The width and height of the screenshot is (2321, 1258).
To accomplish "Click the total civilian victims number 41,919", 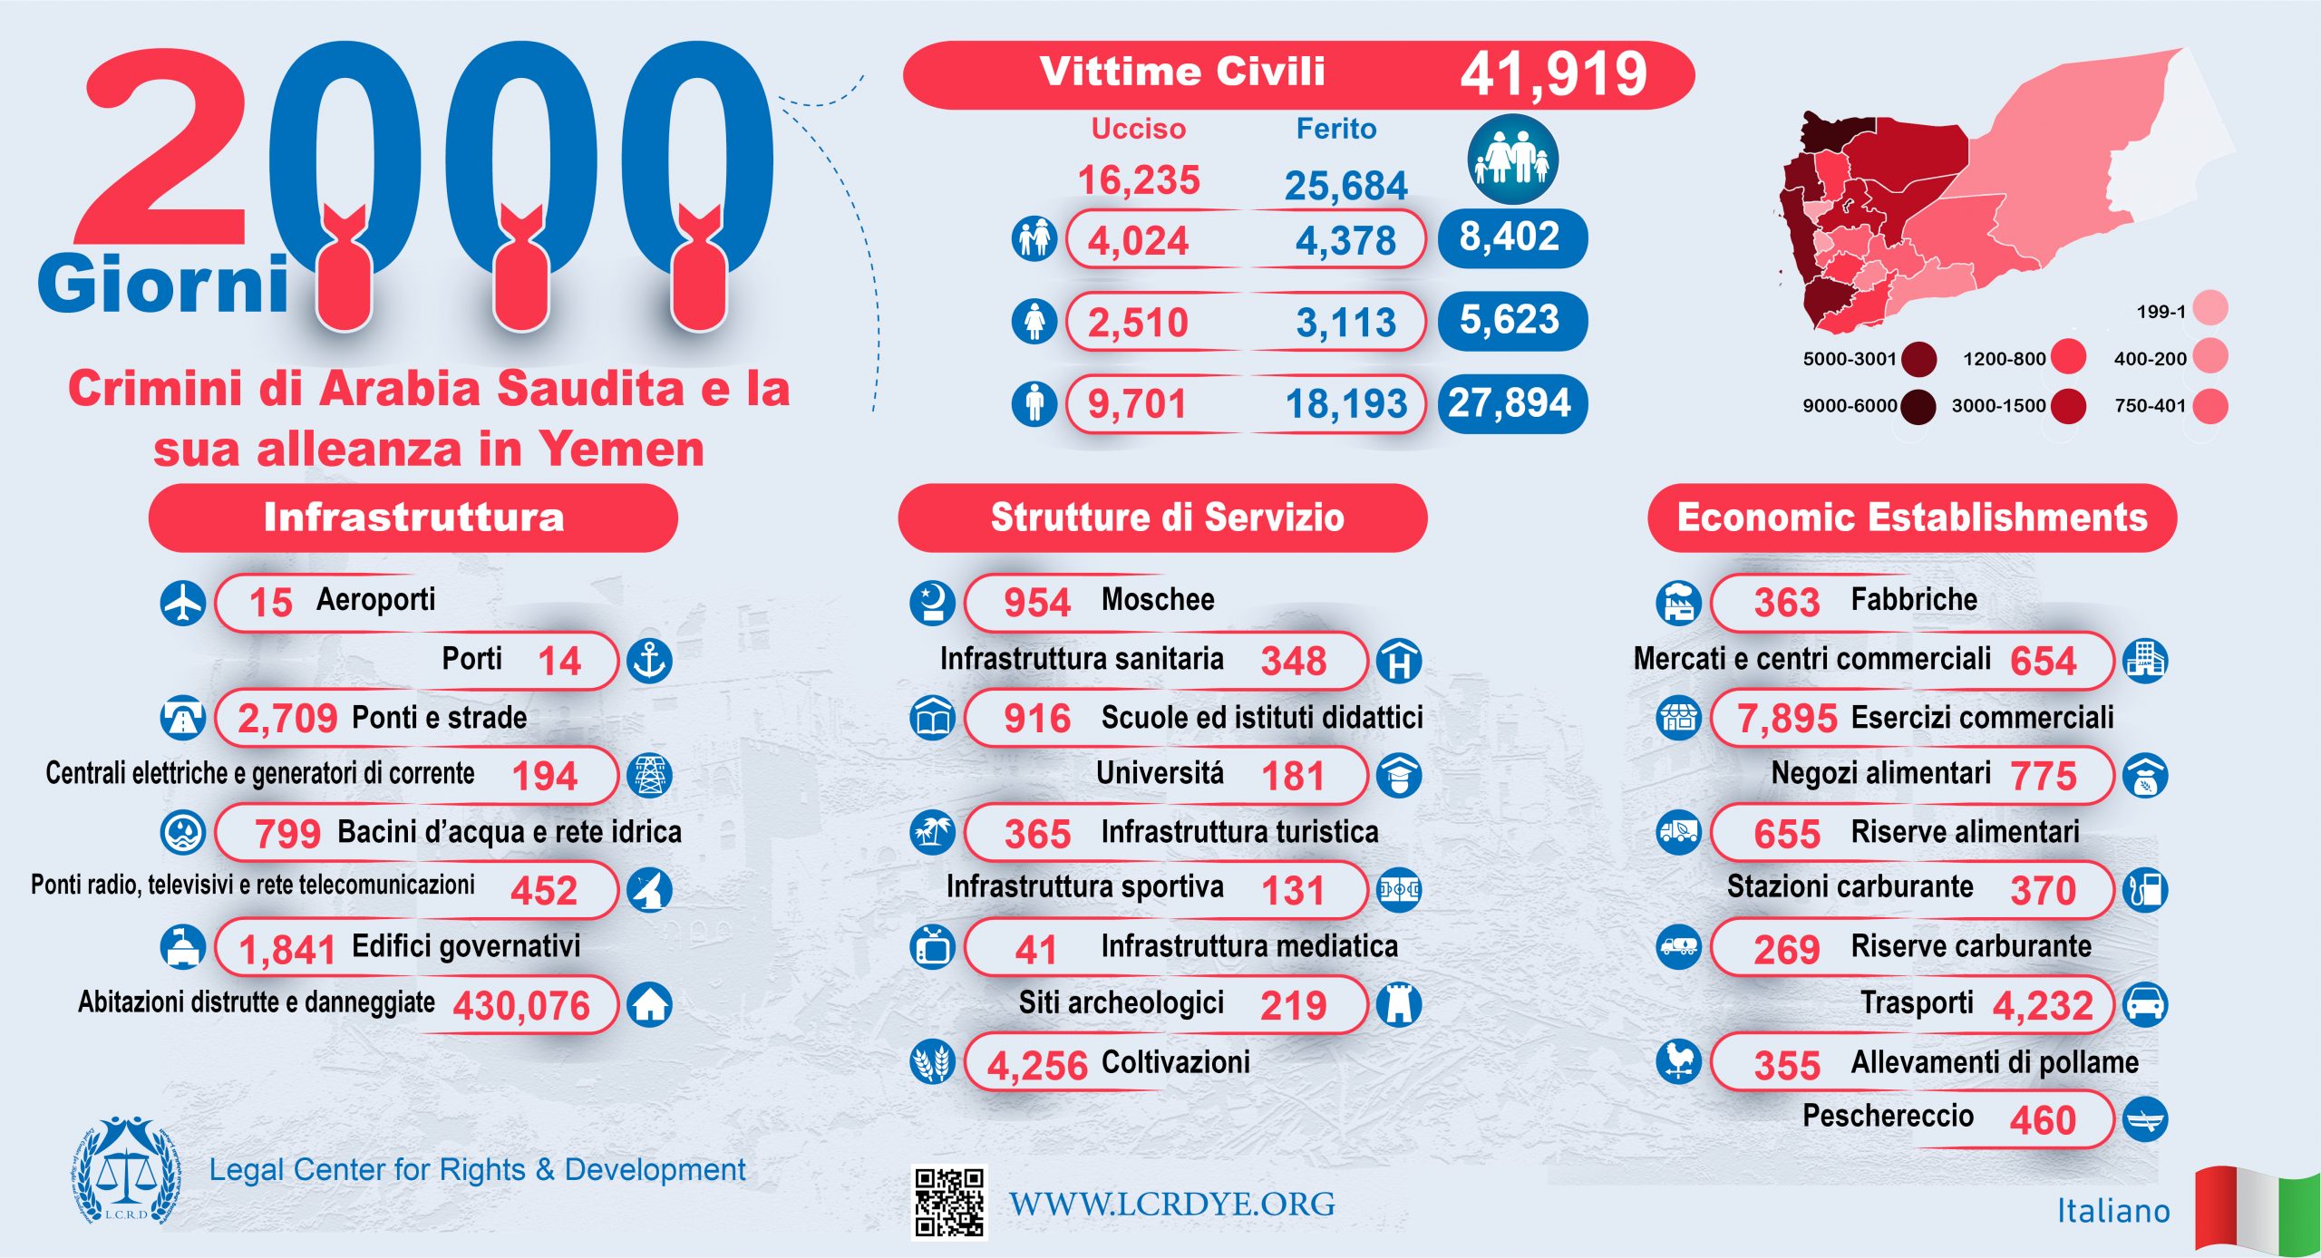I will tap(1552, 74).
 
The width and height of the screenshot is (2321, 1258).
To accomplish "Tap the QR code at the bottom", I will tap(948, 1202).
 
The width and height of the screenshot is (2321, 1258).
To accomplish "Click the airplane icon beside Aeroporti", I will tap(183, 603).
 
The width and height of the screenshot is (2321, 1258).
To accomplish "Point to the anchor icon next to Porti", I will tap(650, 660).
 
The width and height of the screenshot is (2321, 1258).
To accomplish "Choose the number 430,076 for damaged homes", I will tap(521, 1006).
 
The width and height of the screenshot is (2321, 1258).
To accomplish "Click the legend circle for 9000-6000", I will tap(1918, 406).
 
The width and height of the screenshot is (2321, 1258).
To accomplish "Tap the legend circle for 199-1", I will tap(2210, 308).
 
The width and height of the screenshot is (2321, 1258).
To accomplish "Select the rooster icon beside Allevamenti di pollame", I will tap(1678, 1060).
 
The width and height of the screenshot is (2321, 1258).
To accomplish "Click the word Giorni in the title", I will tap(163, 285).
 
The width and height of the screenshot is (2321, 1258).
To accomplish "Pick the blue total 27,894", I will tap(1510, 403).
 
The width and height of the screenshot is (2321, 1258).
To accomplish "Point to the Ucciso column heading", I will tap(1138, 130).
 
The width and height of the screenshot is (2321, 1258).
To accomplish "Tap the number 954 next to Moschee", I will tap(1036, 603).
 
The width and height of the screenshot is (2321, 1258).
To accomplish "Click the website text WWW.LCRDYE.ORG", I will tap(1171, 1204).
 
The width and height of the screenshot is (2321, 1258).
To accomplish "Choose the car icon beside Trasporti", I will tap(2145, 1004).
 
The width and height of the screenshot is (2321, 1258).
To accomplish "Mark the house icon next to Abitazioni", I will tap(650, 1004).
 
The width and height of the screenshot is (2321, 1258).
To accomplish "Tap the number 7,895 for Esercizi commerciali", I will tap(1786, 719).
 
